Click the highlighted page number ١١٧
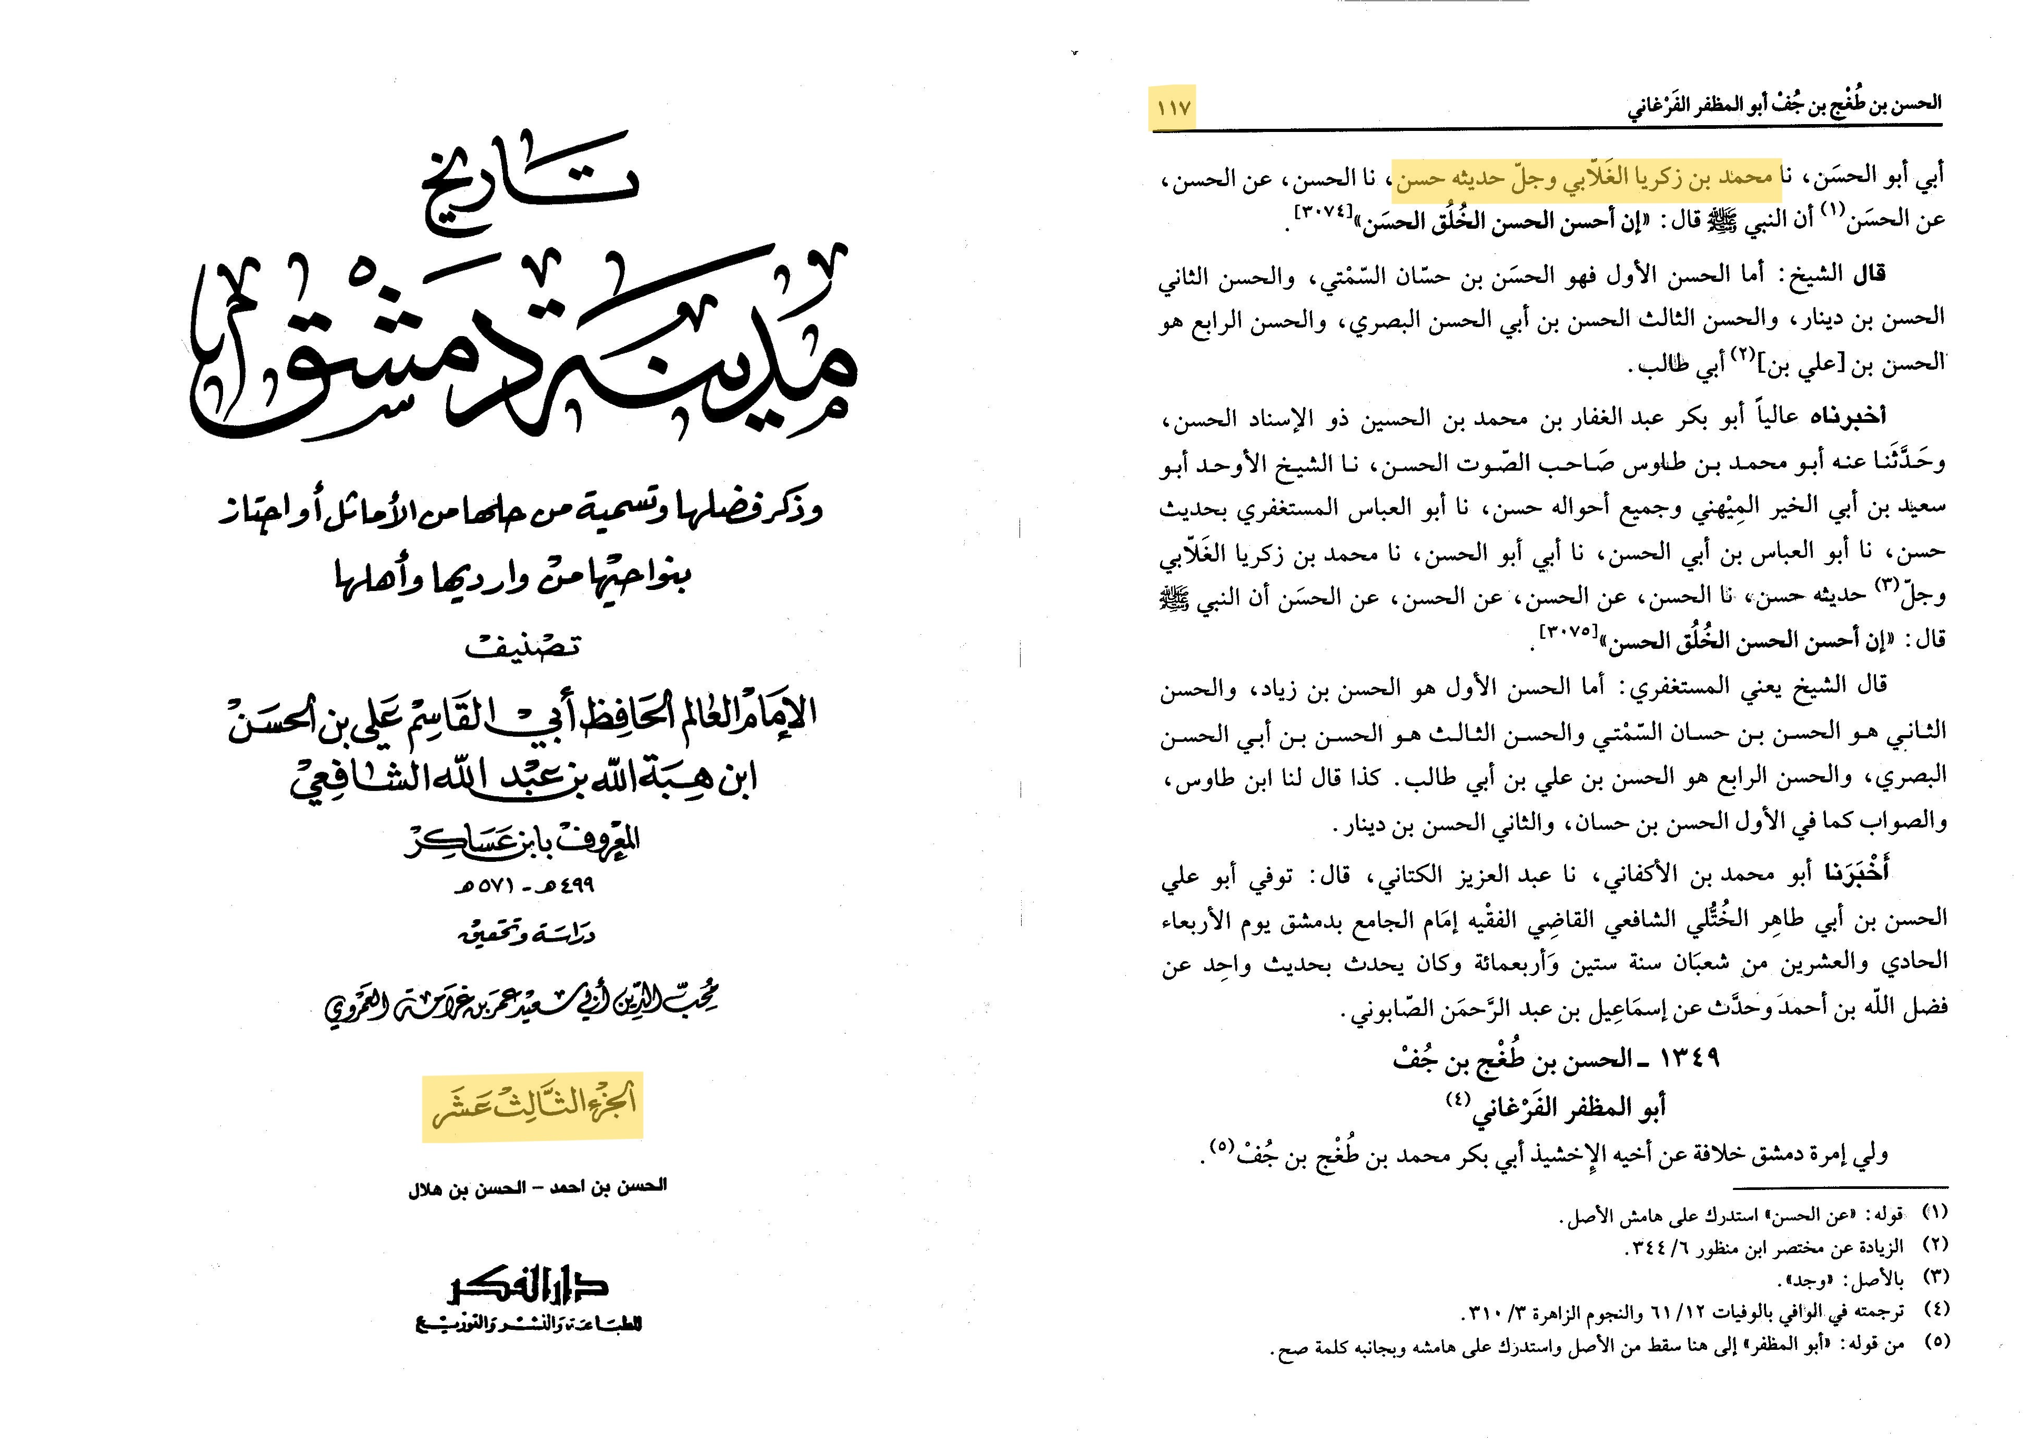click(x=1173, y=109)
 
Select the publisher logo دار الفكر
click(x=529, y=1287)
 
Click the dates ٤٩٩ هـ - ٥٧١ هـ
click(x=525, y=886)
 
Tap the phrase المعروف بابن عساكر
click(x=523, y=841)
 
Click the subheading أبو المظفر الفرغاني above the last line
click(x=1569, y=1107)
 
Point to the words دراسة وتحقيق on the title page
click(x=526, y=935)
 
